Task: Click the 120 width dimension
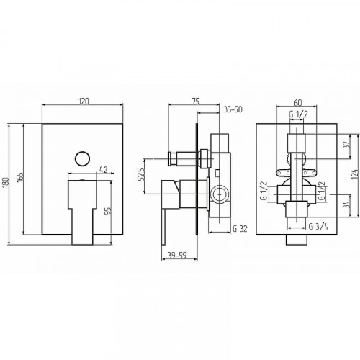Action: pos(84,102)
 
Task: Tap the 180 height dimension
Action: pos(6,183)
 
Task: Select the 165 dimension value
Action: pos(21,177)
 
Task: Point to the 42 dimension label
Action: pos(103,170)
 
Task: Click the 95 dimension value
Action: pos(109,211)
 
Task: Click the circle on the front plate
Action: pos(82,158)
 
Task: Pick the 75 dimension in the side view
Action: pos(196,102)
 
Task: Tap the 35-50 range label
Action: pos(233,109)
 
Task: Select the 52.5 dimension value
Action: pos(141,174)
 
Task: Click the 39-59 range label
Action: pos(177,256)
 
